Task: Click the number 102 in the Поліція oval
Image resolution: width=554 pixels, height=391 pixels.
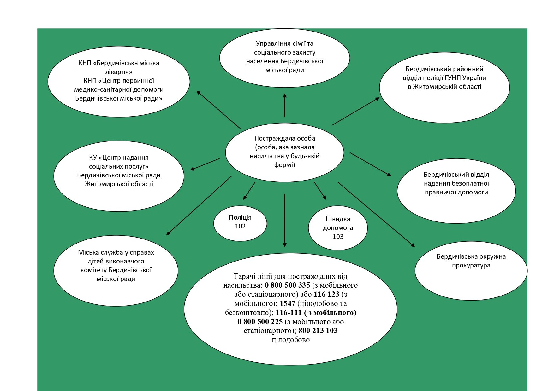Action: pyautogui.click(x=240, y=226)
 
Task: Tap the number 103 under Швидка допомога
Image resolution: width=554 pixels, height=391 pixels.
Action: pyautogui.click(x=338, y=237)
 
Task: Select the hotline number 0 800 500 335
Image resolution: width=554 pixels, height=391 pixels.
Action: pyautogui.click(x=287, y=285)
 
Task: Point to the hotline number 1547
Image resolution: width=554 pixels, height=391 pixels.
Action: pyautogui.click(x=287, y=304)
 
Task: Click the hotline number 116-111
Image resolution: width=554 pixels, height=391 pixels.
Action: pyautogui.click(x=289, y=313)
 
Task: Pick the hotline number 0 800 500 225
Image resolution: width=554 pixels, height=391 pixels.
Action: pyautogui.click(x=260, y=322)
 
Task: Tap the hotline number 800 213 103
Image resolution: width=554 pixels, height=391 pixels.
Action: pyautogui.click(x=318, y=331)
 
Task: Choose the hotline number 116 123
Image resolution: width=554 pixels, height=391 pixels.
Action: pyautogui.click(x=326, y=295)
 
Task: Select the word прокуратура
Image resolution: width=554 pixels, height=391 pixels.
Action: pyautogui.click(x=471, y=265)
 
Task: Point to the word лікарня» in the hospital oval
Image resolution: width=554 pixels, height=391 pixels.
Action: pyautogui.click(x=119, y=72)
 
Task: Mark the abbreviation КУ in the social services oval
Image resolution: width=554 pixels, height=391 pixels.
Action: pyautogui.click(x=93, y=158)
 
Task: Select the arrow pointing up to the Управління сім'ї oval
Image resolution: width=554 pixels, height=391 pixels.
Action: pyautogui.click(x=285, y=105)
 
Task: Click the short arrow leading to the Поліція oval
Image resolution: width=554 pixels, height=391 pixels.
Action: pyautogui.click(x=249, y=191)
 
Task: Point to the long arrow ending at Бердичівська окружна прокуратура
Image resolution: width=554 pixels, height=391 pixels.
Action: pyautogui.click(x=376, y=214)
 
